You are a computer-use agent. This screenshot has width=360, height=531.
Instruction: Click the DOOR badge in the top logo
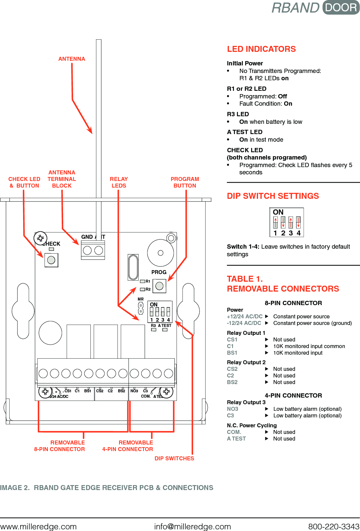point(341,7)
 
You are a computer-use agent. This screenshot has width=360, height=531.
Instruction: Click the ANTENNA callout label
point(72,59)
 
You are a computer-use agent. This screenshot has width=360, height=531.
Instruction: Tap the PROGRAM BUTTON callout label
point(185,182)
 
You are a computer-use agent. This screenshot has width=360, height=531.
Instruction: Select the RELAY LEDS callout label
point(119,182)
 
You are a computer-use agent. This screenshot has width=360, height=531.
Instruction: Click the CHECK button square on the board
point(51,260)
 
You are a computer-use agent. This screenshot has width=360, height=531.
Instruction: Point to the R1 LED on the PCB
point(143,281)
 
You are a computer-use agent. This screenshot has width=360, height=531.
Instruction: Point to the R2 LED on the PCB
point(143,289)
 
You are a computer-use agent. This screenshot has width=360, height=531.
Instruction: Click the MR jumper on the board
point(141,308)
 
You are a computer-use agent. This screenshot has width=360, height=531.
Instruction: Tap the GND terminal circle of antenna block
point(87,250)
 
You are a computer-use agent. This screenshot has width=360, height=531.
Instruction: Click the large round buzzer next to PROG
point(160,253)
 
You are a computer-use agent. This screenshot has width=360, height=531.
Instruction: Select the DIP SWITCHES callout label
point(174,458)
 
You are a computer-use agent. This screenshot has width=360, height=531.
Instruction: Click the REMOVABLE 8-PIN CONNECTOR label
point(60,446)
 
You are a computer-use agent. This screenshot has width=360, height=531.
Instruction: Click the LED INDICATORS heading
point(261,49)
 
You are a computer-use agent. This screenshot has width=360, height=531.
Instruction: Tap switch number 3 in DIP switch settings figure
point(291,223)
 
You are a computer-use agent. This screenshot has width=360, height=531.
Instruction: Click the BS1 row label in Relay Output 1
point(232,353)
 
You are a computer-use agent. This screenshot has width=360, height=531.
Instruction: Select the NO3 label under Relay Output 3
point(232,409)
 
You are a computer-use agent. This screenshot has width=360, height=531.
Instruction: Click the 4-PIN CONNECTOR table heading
point(293,395)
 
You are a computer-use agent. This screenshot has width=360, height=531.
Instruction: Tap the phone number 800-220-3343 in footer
point(333,526)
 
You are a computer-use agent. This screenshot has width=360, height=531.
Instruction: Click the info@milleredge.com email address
point(192,526)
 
